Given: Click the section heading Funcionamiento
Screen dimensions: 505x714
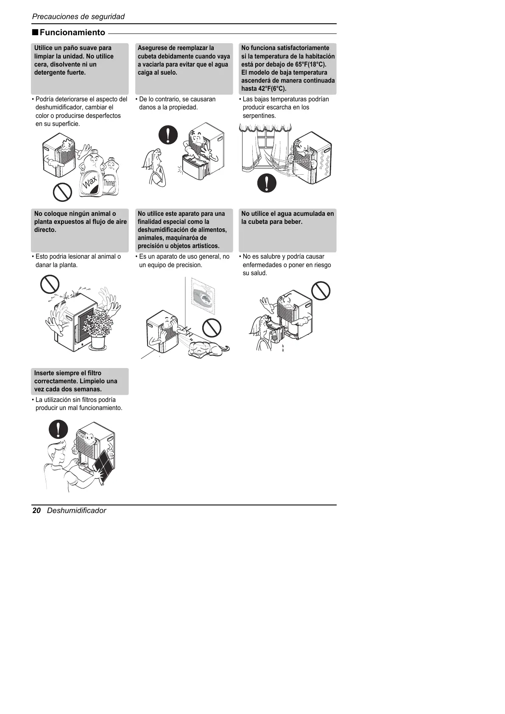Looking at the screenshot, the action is point(72,33).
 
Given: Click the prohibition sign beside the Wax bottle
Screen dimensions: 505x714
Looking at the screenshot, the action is point(62,193).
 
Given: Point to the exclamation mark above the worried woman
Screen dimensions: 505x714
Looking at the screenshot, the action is point(168,134).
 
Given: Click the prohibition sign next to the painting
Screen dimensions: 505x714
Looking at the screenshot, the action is point(212,327).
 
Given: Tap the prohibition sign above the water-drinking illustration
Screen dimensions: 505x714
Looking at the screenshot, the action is point(321,291).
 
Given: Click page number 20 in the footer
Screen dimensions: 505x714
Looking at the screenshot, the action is point(36,510).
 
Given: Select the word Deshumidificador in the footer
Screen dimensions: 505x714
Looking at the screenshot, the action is point(76,510).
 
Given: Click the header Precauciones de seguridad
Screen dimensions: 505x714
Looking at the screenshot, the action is point(78,17).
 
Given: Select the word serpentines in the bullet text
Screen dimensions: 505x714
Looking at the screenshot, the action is point(259,116).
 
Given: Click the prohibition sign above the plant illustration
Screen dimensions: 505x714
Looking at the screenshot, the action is point(50,284).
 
